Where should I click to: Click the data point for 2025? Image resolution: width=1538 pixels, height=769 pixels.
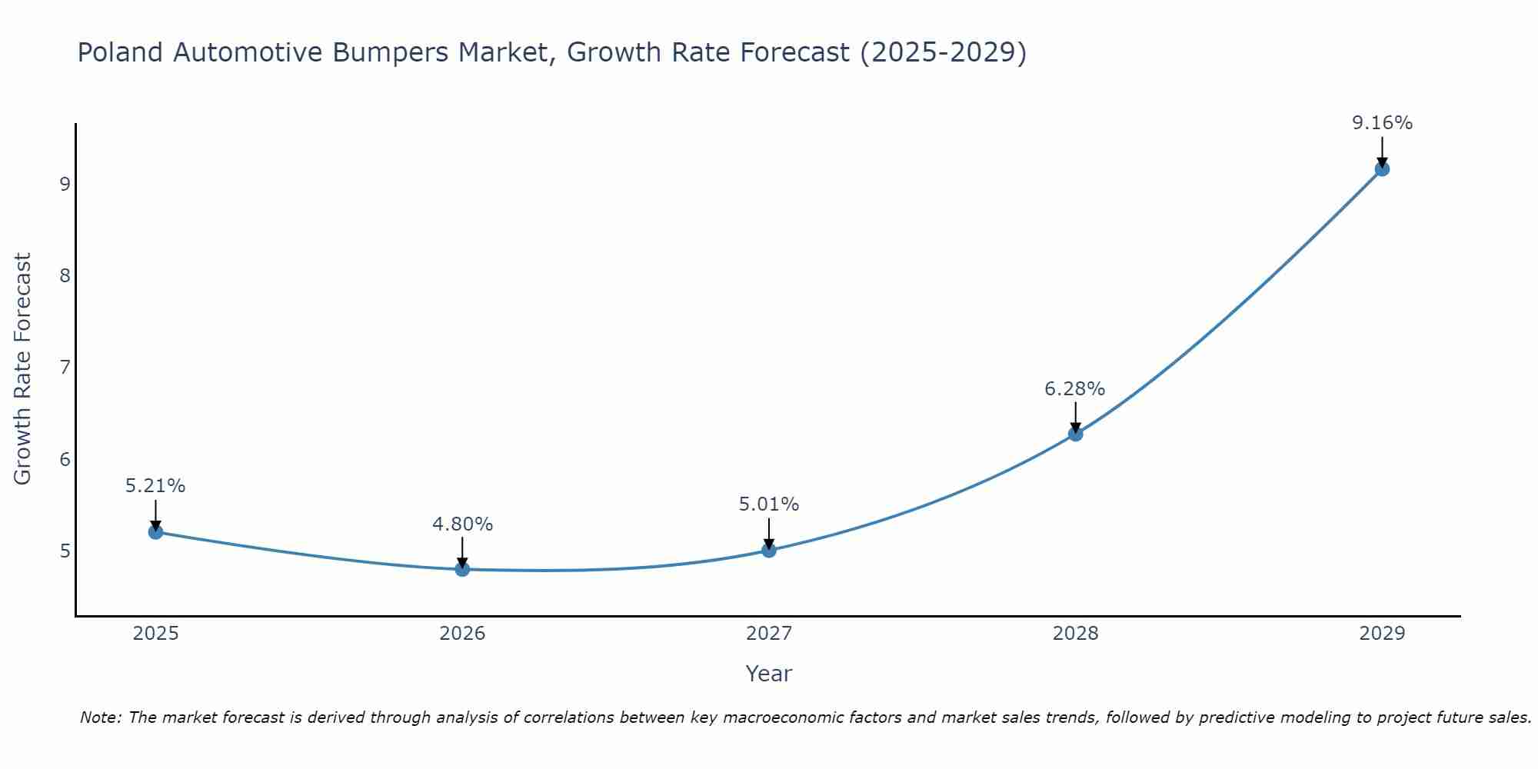pyautogui.click(x=155, y=531)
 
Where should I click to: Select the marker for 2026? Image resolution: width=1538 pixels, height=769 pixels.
pyautogui.click(x=462, y=569)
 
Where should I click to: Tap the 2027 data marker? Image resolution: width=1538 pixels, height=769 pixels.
pyautogui.click(x=769, y=550)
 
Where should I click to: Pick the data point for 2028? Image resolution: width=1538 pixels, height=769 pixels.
pyautogui.click(x=1075, y=434)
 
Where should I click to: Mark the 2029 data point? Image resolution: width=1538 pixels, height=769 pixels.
pyautogui.click(x=1382, y=168)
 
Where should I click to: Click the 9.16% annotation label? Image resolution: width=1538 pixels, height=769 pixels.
pyautogui.click(x=1382, y=123)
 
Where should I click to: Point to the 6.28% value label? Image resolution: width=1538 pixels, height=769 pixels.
pyautogui.click(x=1074, y=389)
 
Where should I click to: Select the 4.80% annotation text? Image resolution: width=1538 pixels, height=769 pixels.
pyautogui.click(x=462, y=524)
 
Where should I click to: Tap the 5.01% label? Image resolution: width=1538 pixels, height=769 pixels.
pyautogui.click(x=769, y=504)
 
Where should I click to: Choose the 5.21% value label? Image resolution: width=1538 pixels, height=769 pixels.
pyautogui.click(x=155, y=486)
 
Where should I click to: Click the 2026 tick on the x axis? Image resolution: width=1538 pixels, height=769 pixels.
pyautogui.click(x=462, y=634)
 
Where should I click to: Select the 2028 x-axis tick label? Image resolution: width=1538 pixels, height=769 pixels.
pyautogui.click(x=1075, y=634)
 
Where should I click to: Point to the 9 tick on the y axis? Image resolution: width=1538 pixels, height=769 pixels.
pyautogui.click(x=65, y=184)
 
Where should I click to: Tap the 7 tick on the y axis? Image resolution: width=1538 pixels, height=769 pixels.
pyautogui.click(x=65, y=368)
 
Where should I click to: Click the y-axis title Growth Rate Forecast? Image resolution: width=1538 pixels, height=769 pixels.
pyautogui.click(x=23, y=369)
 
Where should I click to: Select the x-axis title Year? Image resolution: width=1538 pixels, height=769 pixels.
pyautogui.click(x=768, y=674)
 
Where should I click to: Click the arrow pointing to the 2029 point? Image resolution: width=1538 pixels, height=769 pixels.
pyautogui.click(x=1382, y=151)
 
